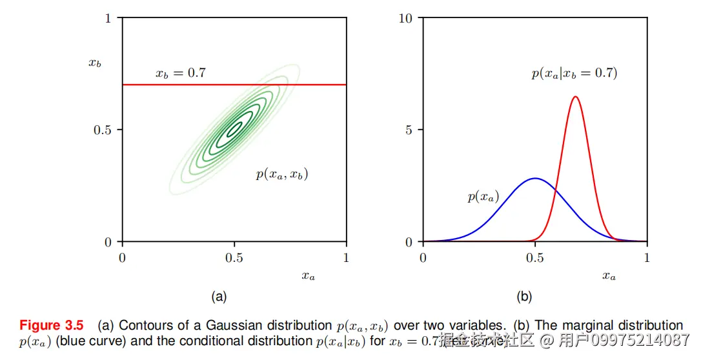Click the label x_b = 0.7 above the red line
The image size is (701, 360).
point(180,74)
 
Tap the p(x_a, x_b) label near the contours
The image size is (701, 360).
point(281,174)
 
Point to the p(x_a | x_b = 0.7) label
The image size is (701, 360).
point(574,74)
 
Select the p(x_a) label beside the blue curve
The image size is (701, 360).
point(483,197)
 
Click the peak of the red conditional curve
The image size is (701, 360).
point(574,97)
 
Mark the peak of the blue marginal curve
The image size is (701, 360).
point(534,178)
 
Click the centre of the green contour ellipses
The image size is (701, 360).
point(234,130)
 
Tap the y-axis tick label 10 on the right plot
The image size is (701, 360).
point(406,18)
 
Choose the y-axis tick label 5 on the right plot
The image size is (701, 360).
point(409,130)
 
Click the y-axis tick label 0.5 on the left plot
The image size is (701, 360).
point(103,130)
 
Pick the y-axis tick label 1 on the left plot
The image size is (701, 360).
point(108,18)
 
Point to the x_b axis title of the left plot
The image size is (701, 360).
point(95,63)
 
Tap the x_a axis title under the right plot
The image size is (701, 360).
point(609,276)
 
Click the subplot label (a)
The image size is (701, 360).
point(219,297)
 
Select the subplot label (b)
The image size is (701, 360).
point(523,297)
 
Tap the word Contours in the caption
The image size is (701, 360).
point(143,325)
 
